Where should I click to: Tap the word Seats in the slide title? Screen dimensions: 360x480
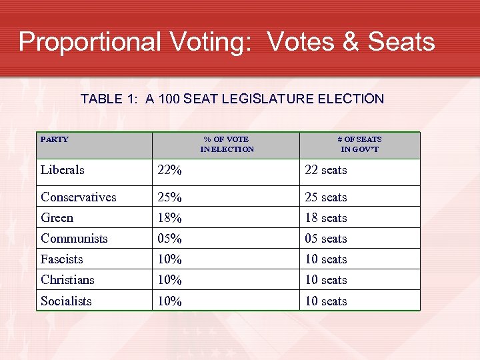401,41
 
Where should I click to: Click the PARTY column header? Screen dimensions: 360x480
55,139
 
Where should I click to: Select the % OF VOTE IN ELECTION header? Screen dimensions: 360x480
227,144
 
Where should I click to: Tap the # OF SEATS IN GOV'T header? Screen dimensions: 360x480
360,144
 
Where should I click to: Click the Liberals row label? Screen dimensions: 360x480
63,170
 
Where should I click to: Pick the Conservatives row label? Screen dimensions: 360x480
78,197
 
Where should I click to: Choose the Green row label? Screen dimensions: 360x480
57,217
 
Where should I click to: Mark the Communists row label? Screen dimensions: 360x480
74,238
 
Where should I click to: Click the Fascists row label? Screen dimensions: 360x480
62,259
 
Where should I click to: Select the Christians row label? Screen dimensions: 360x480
67,279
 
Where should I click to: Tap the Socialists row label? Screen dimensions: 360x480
66,301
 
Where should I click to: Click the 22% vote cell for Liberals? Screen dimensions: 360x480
169,170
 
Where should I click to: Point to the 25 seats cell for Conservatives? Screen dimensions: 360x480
326,197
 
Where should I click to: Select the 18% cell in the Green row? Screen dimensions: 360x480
169,217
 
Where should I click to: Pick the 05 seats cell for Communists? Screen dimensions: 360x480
326,238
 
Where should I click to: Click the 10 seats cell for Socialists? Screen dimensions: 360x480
326,301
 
